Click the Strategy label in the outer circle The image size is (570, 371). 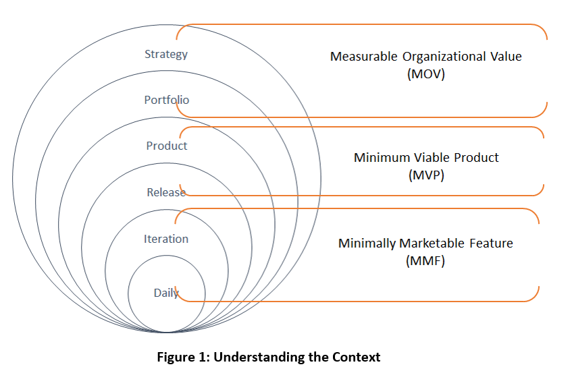tap(166, 54)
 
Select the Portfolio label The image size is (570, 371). tap(167, 100)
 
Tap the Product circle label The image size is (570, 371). tap(167, 146)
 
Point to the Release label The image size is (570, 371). tap(166, 192)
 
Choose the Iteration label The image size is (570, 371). tap(166, 239)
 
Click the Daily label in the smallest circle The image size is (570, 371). tap(166, 293)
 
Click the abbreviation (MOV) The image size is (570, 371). tap(426, 74)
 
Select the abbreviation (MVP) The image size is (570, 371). tap(426, 175)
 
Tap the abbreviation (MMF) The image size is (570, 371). tap(425, 261)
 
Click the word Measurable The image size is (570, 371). tap(362, 57)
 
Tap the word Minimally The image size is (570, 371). tap(367, 244)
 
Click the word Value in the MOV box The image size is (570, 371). tap(506, 57)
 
